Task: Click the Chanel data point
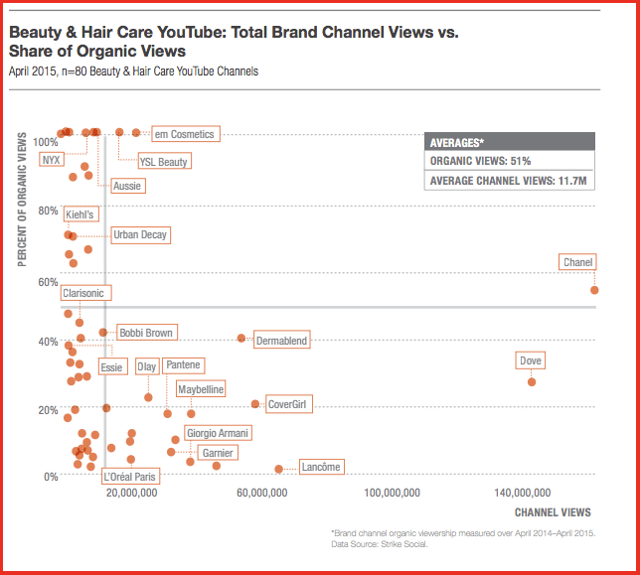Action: point(594,289)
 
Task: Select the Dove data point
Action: point(532,381)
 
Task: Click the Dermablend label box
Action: point(281,341)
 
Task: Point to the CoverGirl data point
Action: point(255,404)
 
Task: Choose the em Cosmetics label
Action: point(183,133)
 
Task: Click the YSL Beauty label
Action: point(163,161)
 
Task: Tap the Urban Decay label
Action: point(139,235)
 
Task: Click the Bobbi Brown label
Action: point(145,333)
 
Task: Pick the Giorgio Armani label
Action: point(218,433)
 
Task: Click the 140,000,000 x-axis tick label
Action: point(521,493)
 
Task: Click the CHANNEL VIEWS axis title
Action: point(553,512)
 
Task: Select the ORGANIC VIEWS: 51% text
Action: point(480,160)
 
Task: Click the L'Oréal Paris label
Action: point(130,477)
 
